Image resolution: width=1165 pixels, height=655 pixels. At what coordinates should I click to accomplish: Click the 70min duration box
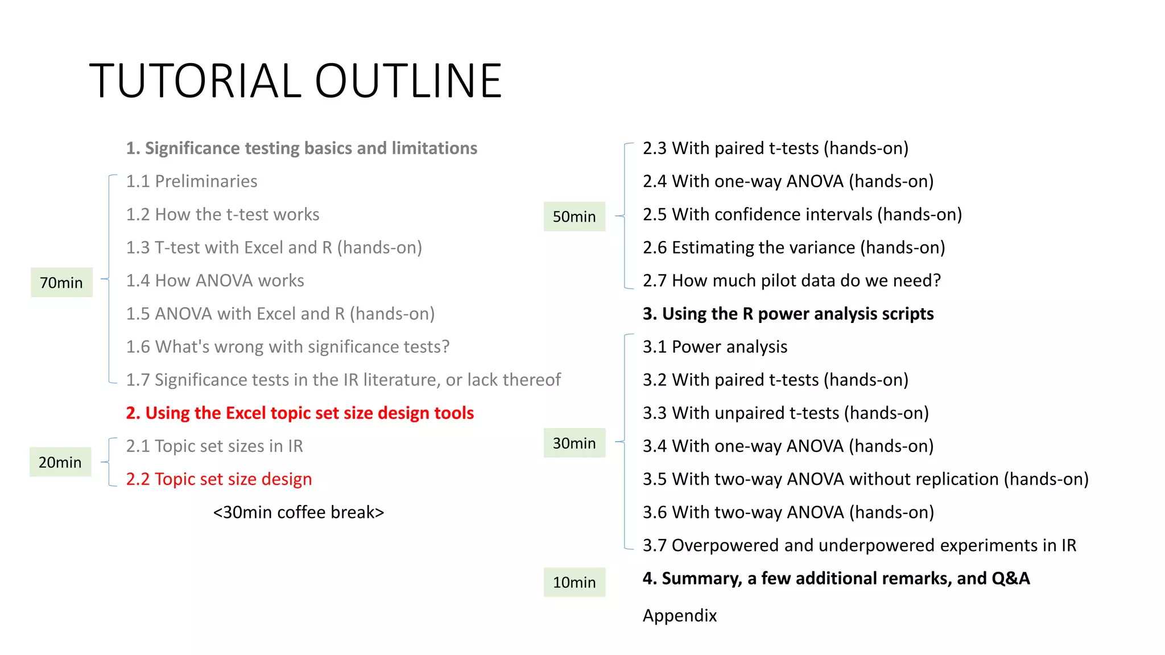(61, 283)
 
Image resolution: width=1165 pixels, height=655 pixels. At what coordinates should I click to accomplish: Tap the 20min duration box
(60, 462)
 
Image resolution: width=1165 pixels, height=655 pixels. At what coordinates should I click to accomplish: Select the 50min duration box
(574, 217)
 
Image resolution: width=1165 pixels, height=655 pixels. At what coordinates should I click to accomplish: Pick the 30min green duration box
(574, 443)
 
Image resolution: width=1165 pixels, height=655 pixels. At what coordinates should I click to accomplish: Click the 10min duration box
(574, 582)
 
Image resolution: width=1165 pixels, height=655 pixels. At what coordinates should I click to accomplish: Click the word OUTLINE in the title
(408, 81)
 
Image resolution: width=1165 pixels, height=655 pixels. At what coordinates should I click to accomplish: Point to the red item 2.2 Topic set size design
(219, 479)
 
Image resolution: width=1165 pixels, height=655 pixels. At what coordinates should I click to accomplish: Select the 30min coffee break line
(299, 512)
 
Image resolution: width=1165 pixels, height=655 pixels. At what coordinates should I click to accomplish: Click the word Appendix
(680, 616)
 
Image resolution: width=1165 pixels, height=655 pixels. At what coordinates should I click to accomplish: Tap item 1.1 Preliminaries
(192, 181)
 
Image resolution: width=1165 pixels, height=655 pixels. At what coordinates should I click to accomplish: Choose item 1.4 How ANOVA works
(215, 281)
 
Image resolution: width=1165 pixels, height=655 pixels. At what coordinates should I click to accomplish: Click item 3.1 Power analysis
(715, 347)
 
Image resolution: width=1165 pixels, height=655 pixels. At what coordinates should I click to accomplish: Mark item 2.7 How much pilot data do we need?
(792, 281)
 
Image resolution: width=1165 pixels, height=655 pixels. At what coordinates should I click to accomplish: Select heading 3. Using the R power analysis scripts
(788, 314)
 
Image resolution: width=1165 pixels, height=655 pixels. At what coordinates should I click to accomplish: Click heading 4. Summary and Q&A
(836, 579)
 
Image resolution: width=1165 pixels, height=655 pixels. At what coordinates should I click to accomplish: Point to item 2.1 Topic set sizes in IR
(214, 446)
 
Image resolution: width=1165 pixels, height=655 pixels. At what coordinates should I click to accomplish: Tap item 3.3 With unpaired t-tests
(786, 413)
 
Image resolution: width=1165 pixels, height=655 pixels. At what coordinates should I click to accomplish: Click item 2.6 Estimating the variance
(794, 248)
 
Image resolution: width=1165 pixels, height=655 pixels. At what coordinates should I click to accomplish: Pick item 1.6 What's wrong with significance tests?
(288, 347)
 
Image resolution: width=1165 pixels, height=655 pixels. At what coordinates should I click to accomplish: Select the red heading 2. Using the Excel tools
(300, 413)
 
